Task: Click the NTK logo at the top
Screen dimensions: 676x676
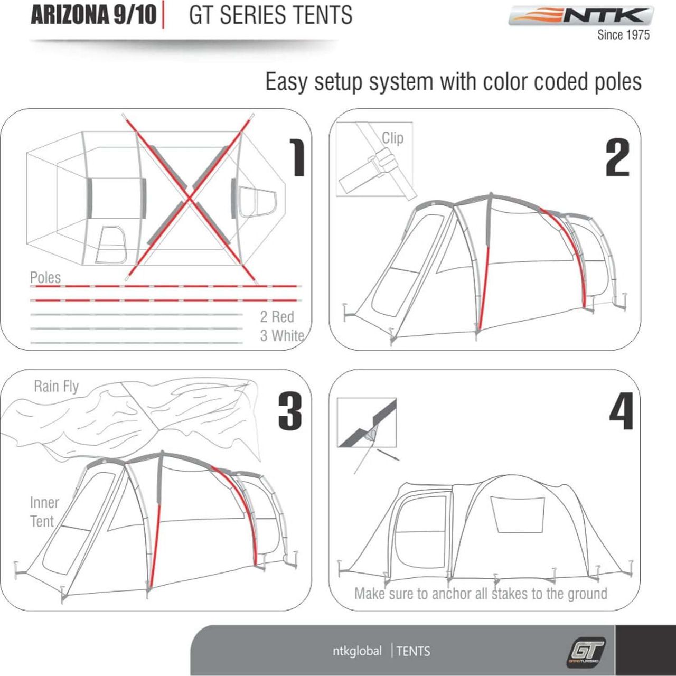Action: pyautogui.click(x=581, y=16)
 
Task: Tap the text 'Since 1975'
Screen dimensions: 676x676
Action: pyautogui.click(x=623, y=35)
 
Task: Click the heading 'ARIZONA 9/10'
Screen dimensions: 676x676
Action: pyautogui.click(x=93, y=15)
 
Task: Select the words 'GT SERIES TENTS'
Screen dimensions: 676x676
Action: pyautogui.click(x=270, y=15)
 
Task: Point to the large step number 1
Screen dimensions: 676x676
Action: pyautogui.click(x=298, y=157)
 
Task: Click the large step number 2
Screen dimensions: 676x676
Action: pyautogui.click(x=617, y=157)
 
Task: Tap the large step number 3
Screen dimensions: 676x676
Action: pyautogui.click(x=290, y=411)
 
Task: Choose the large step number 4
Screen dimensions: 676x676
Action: pyautogui.click(x=621, y=411)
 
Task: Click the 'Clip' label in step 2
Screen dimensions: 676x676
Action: pyautogui.click(x=392, y=138)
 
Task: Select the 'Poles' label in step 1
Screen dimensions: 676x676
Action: pyautogui.click(x=45, y=277)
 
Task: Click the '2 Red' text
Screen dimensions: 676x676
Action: pyautogui.click(x=277, y=317)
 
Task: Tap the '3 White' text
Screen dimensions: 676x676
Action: pyautogui.click(x=282, y=335)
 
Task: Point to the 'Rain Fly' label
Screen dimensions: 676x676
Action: pyautogui.click(x=56, y=386)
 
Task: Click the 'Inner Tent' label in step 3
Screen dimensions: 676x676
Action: pyautogui.click(x=44, y=511)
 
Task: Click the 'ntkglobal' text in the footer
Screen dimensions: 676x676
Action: pyautogui.click(x=357, y=651)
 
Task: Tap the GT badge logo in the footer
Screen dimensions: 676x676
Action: pyautogui.click(x=586, y=650)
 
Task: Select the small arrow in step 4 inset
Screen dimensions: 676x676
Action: pyautogui.click(x=388, y=455)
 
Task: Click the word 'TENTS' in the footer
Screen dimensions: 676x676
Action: pyautogui.click(x=413, y=651)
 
